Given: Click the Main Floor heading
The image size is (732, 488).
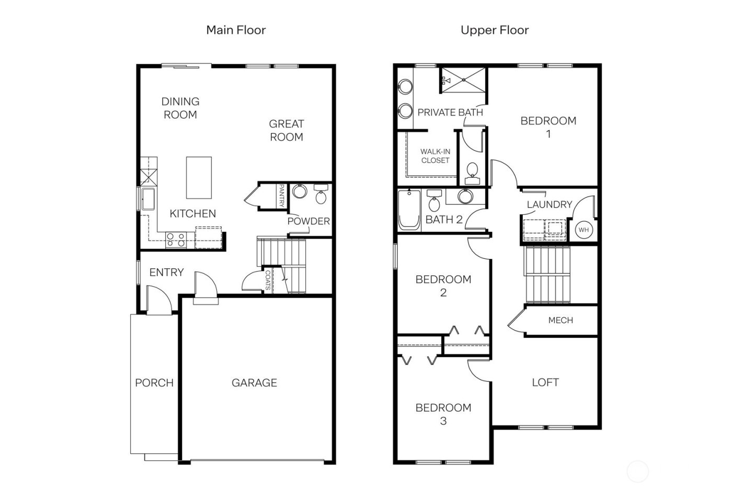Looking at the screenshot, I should click(236, 30).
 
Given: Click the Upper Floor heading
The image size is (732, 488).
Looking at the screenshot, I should click(494, 30).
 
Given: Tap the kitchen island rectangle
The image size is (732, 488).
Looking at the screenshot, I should click(199, 178).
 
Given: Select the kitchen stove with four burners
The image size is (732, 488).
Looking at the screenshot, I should click(175, 240).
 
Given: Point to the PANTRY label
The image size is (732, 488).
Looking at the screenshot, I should click(281, 196).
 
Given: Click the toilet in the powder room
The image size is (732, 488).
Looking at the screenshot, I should click(321, 196).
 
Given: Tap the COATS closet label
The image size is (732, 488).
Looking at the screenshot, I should click(268, 280).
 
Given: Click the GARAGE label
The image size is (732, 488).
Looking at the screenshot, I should click(254, 383).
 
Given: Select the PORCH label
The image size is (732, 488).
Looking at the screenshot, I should click(154, 383).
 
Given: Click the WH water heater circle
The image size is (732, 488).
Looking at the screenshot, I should click(584, 230).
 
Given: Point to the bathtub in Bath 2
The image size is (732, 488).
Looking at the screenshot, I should click(409, 210).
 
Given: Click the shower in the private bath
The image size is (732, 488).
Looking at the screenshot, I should click(463, 80).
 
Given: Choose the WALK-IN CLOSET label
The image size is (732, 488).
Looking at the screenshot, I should click(435, 156).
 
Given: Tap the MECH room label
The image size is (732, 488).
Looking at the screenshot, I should click(561, 320).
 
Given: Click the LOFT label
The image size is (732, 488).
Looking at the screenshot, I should click(545, 382).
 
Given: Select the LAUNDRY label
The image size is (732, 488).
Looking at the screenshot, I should click(549, 205).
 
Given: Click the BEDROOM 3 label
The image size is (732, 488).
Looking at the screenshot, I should click(443, 414).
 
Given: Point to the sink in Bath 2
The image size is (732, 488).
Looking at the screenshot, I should click(465, 196).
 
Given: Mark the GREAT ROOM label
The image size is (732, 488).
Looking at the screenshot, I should click(286, 130).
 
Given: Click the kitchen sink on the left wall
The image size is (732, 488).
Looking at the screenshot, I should click(147, 199).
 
